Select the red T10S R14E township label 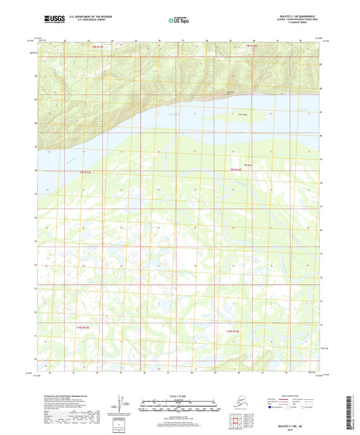click(x=232, y=331)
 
